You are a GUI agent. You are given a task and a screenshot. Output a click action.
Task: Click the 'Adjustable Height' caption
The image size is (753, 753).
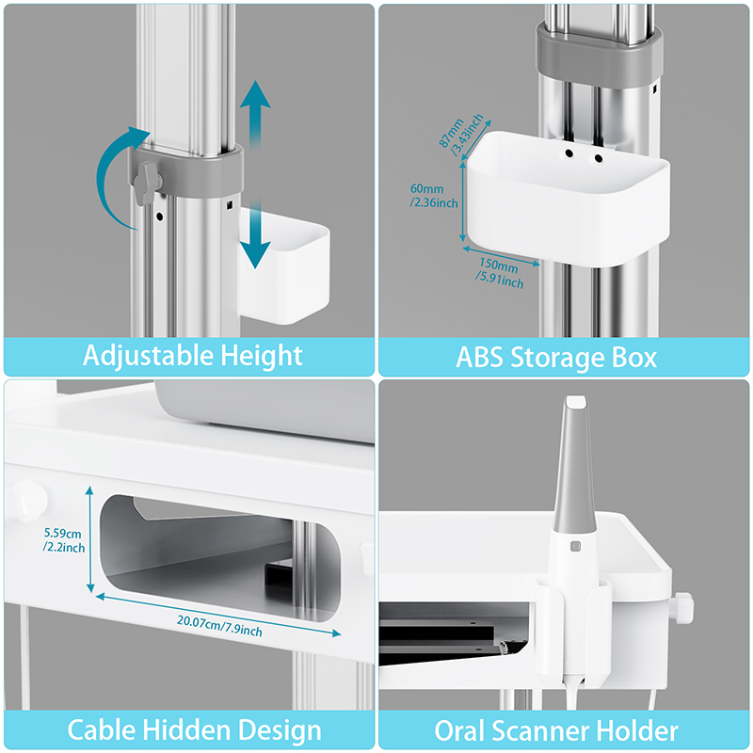coord(193,356)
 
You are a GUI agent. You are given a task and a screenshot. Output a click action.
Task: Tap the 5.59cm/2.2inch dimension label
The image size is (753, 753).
coord(64,540)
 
